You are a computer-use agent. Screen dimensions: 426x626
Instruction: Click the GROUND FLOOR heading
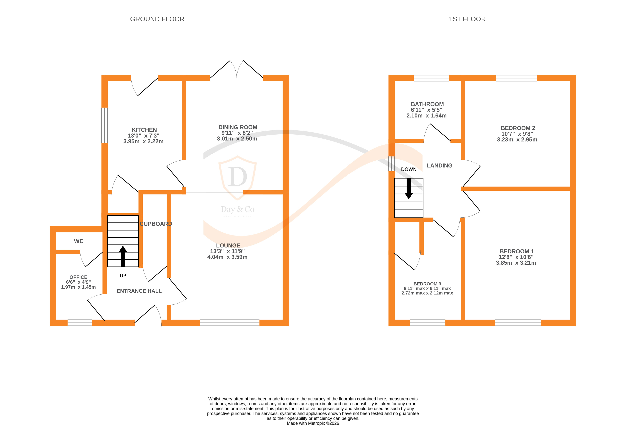click(157, 19)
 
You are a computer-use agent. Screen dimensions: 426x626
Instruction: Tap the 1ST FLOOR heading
click(467, 19)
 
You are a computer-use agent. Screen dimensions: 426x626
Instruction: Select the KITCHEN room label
click(144, 130)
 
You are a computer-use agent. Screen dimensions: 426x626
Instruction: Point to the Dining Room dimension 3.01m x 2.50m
click(237, 139)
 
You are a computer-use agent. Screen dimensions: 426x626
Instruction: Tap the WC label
click(79, 241)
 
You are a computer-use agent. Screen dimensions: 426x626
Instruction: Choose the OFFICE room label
click(78, 277)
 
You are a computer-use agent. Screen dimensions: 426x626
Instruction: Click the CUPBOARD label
click(156, 224)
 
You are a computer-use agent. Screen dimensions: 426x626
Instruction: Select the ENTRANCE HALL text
click(139, 291)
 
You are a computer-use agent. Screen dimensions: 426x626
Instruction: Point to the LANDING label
click(439, 165)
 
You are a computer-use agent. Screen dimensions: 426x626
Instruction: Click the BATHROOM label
click(427, 104)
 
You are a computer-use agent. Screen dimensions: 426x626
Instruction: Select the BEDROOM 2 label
click(518, 128)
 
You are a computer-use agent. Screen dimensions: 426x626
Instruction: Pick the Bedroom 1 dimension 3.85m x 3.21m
click(516, 263)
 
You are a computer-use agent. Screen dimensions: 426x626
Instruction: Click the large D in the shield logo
click(237, 177)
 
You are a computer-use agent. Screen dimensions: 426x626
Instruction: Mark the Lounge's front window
click(230, 323)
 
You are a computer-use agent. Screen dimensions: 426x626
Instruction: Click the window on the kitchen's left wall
click(105, 125)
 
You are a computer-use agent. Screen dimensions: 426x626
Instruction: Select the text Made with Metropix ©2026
click(313, 423)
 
